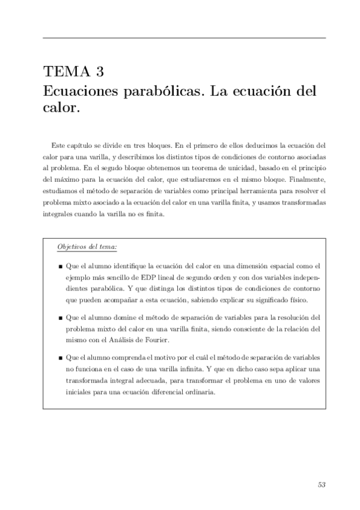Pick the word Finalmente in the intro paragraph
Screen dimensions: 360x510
[x=307, y=179]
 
